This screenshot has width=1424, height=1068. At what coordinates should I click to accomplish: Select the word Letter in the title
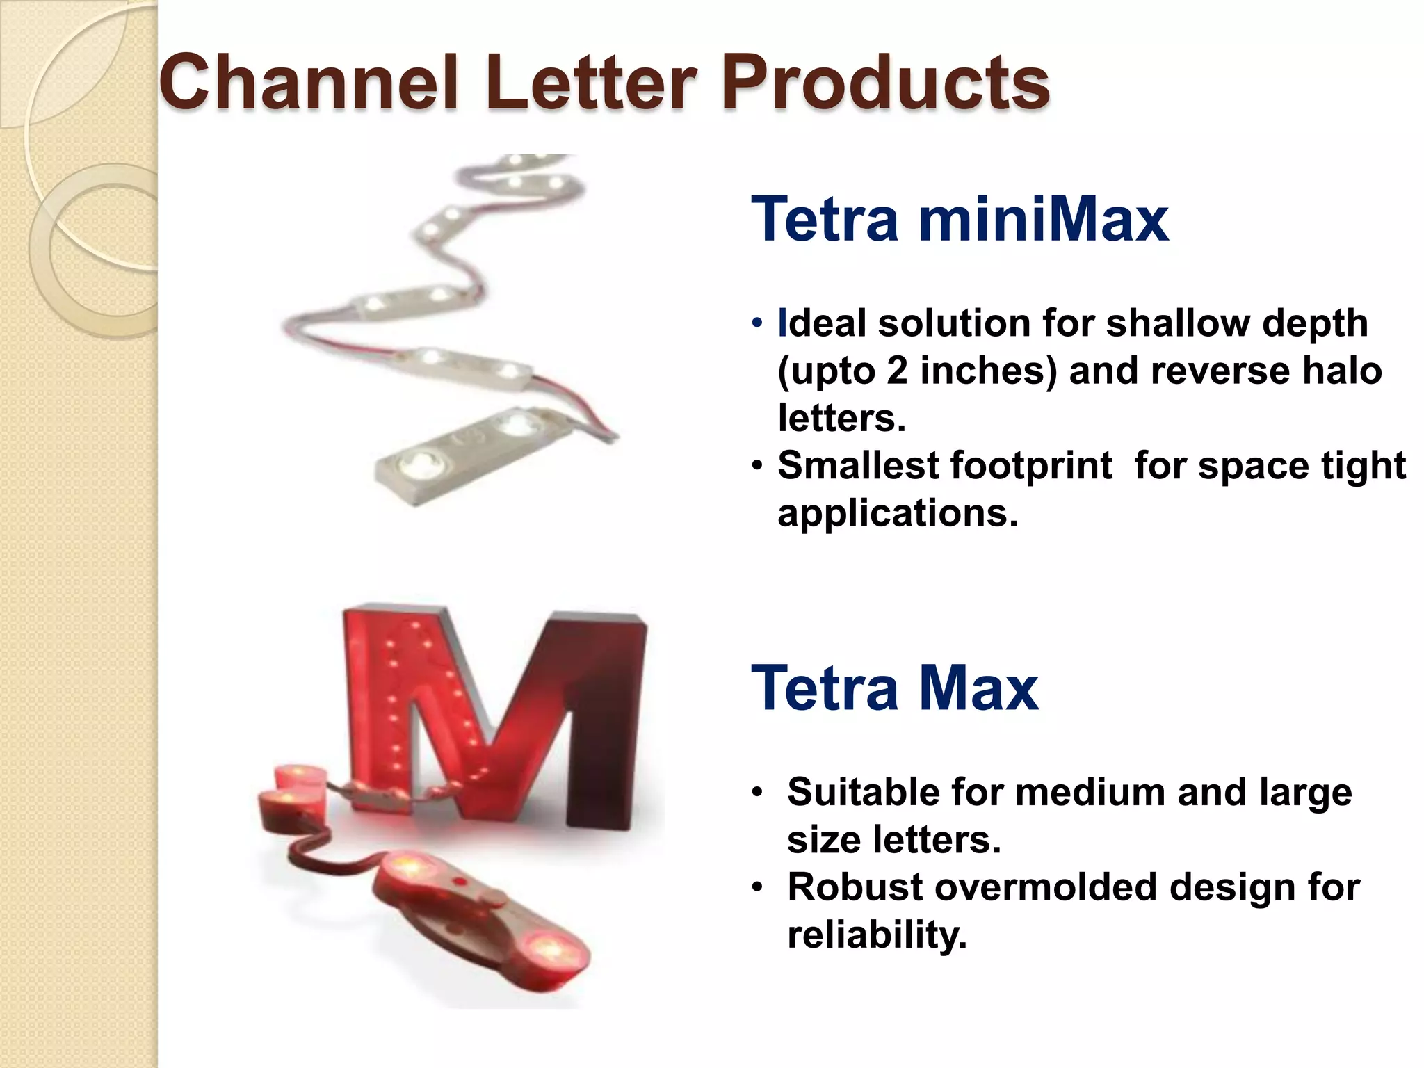[x=591, y=83]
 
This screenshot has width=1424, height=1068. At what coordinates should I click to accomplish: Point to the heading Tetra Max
[x=895, y=688]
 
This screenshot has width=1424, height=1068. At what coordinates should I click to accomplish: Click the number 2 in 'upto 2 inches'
[x=897, y=371]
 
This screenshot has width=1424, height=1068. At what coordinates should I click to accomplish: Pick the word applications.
[x=897, y=513]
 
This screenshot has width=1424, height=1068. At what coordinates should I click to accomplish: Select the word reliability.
[x=877, y=934]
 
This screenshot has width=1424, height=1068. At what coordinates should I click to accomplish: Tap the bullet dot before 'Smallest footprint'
[x=757, y=465]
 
